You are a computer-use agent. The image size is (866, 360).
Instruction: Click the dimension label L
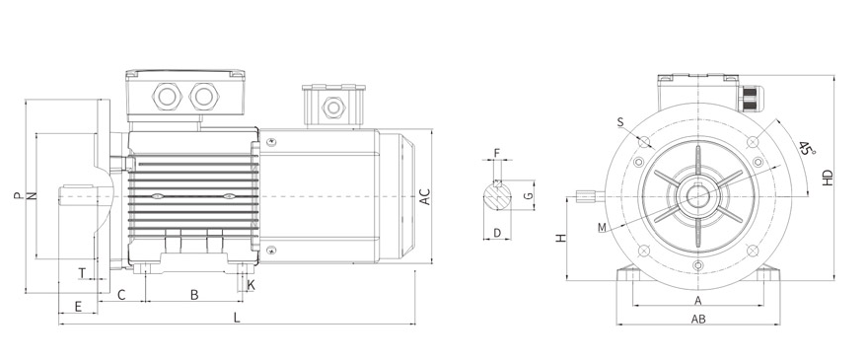(x=237, y=318)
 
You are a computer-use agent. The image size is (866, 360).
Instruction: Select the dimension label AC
(x=425, y=197)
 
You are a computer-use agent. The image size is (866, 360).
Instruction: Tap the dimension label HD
(x=828, y=178)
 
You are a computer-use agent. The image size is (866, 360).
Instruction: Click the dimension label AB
(x=698, y=320)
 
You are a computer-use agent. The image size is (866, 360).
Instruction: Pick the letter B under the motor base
(x=194, y=295)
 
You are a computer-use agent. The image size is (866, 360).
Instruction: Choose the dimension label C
(x=121, y=295)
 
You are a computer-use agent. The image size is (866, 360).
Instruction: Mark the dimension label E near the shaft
(x=78, y=306)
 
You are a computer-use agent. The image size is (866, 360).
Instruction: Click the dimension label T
(x=82, y=273)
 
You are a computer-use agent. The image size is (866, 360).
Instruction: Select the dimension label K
(x=252, y=285)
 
